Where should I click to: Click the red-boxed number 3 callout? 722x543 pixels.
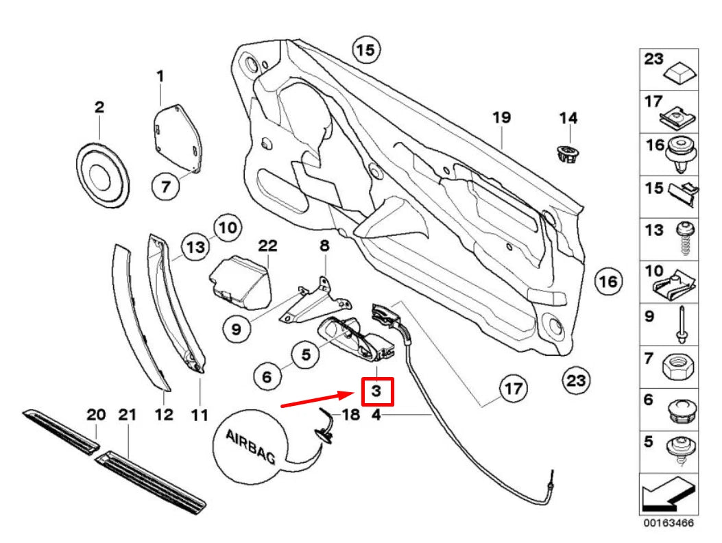[376, 391]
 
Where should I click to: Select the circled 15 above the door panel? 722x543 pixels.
[366, 49]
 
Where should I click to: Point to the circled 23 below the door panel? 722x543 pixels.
[575, 379]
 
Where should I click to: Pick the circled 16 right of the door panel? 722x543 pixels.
[607, 280]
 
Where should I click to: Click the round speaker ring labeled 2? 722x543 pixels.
[101, 174]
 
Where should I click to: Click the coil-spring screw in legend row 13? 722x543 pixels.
[683, 240]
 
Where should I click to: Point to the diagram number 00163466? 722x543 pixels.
[669, 523]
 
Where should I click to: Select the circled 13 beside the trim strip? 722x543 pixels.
[195, 247]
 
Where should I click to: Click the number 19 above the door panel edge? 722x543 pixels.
[501, 117]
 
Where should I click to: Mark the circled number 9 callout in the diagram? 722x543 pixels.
[236, 329]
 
